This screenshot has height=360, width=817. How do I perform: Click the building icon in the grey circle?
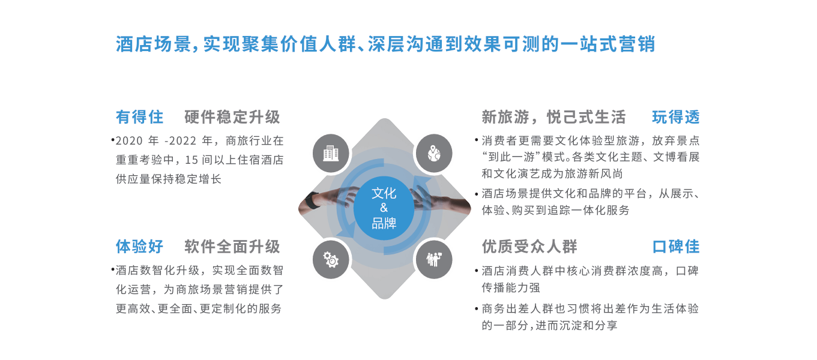tap(331, 154)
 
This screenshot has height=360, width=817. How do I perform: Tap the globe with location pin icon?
tap(434, 154)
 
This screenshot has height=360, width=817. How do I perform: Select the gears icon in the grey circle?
tap(331, 259)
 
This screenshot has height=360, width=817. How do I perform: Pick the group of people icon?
tap(434, 259)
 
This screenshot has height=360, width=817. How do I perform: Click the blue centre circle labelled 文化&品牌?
tap(384, 208)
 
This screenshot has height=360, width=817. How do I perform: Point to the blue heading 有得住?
tap(139, 118)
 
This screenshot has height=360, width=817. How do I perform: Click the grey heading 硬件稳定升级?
tap(232, 118)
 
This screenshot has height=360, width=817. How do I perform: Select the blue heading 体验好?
tap(139, 247)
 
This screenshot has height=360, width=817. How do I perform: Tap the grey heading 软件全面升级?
tap(232, 247)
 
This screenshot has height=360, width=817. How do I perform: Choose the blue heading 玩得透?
tap(676, 118)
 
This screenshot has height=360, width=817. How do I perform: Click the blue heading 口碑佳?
tap(676, 247)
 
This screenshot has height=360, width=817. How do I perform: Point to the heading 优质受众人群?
tap(529, 247)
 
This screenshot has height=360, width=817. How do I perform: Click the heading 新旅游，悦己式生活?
tap(553, 118)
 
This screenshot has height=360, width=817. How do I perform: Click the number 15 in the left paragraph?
tap(191, 160)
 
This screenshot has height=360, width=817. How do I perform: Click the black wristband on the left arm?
tap(312, 200)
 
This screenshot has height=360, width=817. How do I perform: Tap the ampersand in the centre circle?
tap(384, 208)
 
